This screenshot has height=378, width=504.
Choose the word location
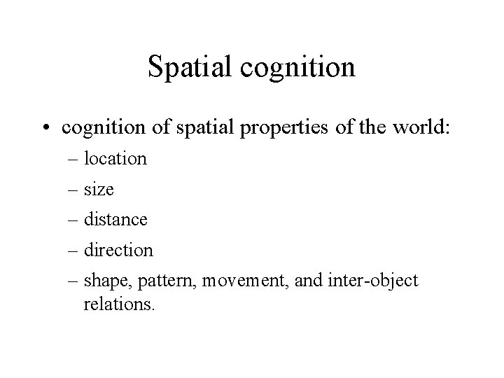click(115, 159)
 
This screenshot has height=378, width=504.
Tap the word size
click(99, 189)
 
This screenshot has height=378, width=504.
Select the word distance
click(115, 219)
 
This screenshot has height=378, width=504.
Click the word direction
click(118, 250)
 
